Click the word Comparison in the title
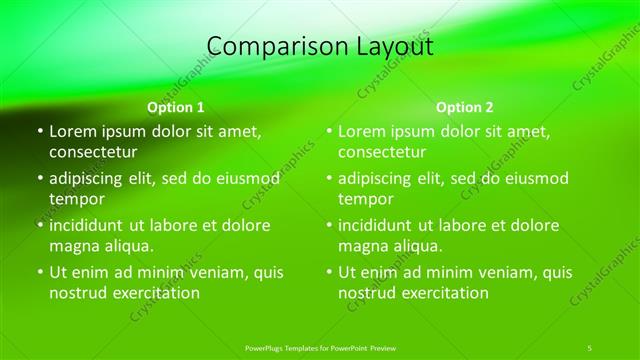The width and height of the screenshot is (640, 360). pyautogui.click(x=263, y=46)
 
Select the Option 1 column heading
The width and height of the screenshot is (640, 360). pyautogui.click(x=175, y=107)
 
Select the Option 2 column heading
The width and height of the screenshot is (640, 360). pyautogui.click(x=465, y=107)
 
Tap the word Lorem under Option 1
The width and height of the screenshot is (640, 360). pyautogui.click(x=72, y=131)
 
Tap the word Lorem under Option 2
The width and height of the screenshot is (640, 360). pyautogui.click(x=361, y=131)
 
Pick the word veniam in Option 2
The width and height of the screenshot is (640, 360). pyautogui.click(x=496, y=272)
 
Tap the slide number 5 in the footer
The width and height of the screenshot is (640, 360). pyautogui.click(x=590, y=347)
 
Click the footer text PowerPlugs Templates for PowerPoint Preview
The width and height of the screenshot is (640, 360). pyautogui.click(x=320, y=347)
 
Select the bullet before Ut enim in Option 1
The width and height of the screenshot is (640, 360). pyautogui.click(x=39, y=272)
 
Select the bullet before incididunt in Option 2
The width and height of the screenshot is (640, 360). pyautogui.click(x=328, y=225)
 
